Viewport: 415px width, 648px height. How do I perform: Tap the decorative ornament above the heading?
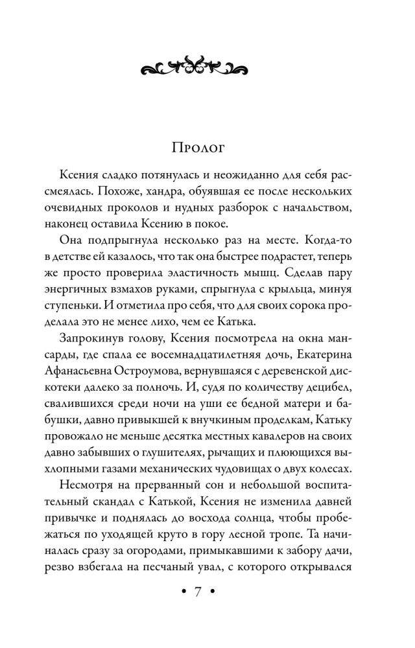click(x=195, y=65)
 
